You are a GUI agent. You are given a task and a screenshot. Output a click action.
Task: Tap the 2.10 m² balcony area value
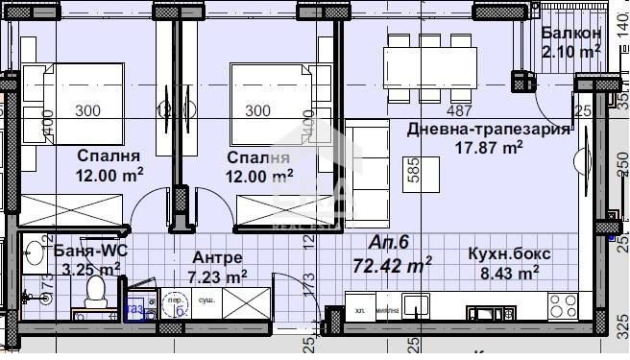coord(570,51)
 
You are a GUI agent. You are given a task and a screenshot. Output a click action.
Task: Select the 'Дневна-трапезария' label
coord(488,130)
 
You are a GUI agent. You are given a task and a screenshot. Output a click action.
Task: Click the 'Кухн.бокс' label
coord(509,254)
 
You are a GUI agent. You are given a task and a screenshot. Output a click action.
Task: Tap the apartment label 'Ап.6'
coord(391,244)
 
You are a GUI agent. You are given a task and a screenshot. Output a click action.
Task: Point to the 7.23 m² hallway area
coord(217,276)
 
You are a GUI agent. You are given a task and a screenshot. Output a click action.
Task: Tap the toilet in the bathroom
coord(94,291)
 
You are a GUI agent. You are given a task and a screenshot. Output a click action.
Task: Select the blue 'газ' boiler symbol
coord(136,309)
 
